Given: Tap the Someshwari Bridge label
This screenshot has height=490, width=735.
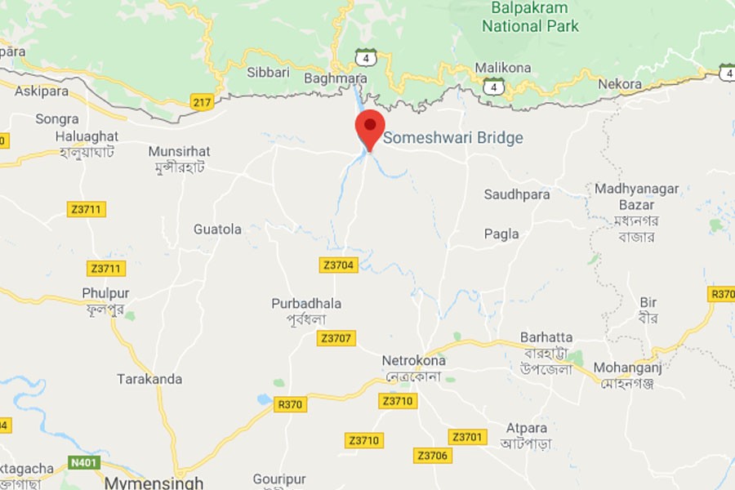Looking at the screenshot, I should click(453, 138).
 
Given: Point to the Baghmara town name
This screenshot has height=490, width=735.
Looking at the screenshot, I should click(335, 78).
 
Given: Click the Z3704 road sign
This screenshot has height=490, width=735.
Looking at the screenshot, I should click(338, 265).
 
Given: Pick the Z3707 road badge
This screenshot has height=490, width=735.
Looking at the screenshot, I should click(336, 338).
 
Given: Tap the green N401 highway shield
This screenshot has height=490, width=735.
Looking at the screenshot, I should click(84, 463).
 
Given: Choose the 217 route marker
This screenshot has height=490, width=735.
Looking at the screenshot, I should click(203, 102).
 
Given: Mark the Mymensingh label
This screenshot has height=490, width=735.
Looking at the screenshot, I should click(154, 482).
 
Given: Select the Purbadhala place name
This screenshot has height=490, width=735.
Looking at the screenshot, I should click(306, 304).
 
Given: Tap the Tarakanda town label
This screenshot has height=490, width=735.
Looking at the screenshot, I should click(149, 379).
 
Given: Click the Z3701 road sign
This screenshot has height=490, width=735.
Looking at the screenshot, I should click(467, 437).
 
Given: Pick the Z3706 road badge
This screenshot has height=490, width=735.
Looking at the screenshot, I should click(432, 455).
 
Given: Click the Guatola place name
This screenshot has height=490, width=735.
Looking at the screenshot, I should click(217, 229).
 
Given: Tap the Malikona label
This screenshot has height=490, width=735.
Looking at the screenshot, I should click(503, 68).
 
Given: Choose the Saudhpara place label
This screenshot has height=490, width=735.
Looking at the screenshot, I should click(517, 194).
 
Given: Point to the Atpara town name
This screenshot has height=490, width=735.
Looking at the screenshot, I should click(527, 427).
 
